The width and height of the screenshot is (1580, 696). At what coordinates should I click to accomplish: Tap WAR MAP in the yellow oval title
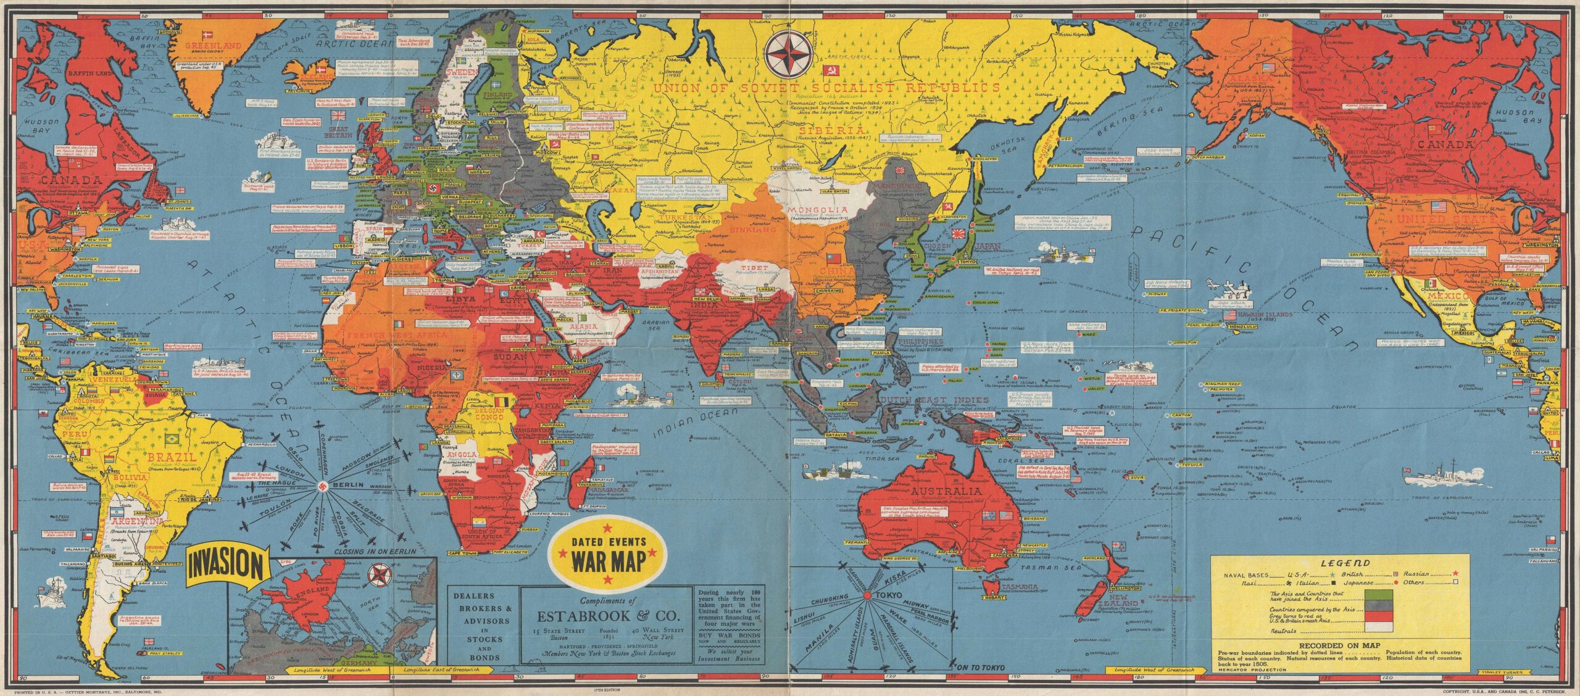coord(608,562)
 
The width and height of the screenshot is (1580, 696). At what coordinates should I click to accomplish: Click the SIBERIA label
coord(823,130)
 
